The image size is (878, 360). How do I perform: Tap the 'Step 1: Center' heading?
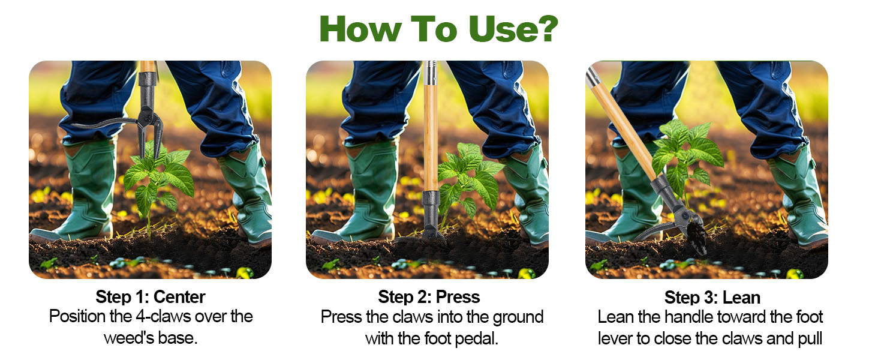tap(151, 296)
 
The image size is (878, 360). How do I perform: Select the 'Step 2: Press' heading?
tap(429, 296)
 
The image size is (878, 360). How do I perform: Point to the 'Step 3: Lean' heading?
tap(712, 298)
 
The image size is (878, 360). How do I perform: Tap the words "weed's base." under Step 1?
tap(151, 337)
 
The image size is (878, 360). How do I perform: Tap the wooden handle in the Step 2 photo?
tap(430, 138)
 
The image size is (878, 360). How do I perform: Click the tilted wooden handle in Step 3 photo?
tap(624, 126)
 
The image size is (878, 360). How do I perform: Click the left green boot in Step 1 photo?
tap(87, 192)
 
